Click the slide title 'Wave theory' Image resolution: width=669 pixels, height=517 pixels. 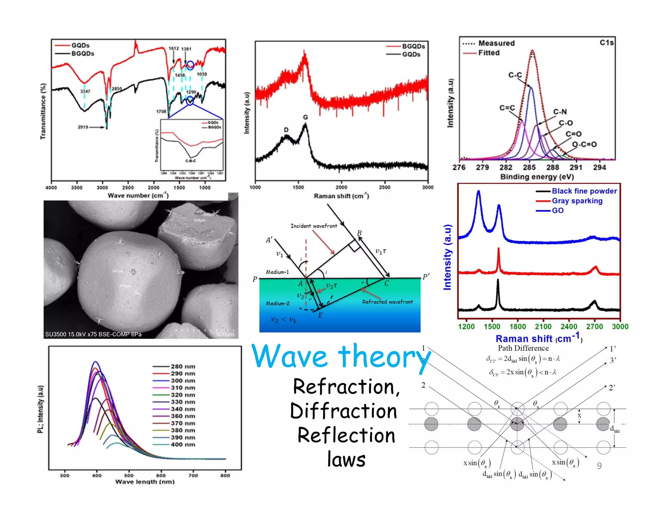tap(341, 357)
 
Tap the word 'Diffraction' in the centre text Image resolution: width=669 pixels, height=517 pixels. tap(344, 411)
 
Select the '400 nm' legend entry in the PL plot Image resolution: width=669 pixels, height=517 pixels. tap(183, 444)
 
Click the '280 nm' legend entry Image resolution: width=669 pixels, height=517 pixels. tap(183, 367)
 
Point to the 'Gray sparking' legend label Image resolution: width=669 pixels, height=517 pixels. tap(577, 201)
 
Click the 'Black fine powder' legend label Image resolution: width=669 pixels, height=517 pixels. tap(584, 191)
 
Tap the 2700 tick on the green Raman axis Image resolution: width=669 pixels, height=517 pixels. tap(594, 326)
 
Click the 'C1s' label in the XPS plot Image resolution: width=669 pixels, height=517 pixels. tap(607, 43)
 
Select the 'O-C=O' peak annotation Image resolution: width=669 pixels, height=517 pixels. tap(584, 144)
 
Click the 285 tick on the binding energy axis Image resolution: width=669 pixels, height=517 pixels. tap(529, 168)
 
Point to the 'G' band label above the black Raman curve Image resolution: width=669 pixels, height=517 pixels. tap(305, 117)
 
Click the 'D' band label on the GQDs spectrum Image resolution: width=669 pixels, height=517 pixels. tap(286, 130)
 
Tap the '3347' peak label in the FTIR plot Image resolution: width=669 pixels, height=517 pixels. tap(85, 92)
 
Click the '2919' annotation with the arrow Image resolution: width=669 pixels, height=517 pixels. tap(83, 127)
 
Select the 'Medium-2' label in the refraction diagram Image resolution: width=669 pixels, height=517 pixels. tap(278, 304)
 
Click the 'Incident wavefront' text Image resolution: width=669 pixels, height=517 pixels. tap(314, 226)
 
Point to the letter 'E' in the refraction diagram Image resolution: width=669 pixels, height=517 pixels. tap(320, 315)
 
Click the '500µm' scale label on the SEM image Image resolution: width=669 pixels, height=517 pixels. tap(225, 335)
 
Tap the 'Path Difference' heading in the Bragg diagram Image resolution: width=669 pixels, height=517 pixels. tap(523, 348)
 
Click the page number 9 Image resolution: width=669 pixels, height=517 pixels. tap(599, 466)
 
